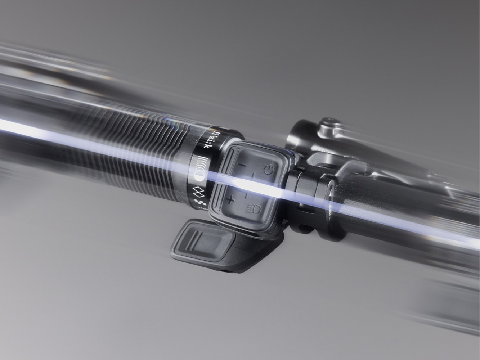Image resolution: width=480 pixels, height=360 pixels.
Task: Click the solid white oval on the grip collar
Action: pyautogui.click(x=200, y=176)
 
